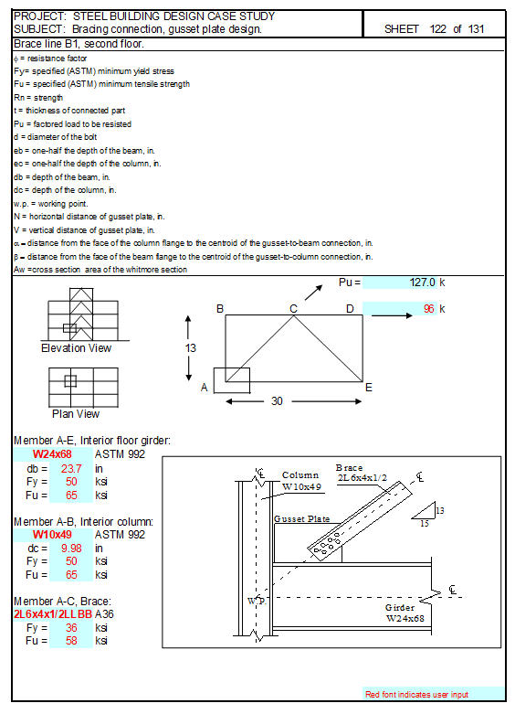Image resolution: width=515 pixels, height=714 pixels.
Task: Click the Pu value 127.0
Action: tap(422, 282)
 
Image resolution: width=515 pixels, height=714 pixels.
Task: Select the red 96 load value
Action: tap(429, 309)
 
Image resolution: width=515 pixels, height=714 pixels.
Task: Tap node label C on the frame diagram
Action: tap(293, 309)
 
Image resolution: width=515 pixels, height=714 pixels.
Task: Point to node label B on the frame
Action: tap(220, 309)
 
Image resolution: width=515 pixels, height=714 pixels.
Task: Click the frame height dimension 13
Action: tap(191, 348)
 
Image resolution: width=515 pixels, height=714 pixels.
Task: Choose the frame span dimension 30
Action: tap(277, 401)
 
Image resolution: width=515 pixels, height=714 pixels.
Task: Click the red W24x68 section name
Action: tap(52, 454)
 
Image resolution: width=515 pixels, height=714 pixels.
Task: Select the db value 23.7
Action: tap(71, 469)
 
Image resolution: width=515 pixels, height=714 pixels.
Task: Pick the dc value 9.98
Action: tap(71, 549)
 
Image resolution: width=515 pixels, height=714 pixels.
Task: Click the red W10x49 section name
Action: tap(52, 534)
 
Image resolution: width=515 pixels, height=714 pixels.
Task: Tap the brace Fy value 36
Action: tap(71, 627)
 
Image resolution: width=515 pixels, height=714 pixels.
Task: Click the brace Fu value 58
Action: tap(71, 640)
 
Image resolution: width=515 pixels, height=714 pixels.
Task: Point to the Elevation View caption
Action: tap(76, 348)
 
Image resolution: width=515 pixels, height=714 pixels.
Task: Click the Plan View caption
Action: tap(76, 414)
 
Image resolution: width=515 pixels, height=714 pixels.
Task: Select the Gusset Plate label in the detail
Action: tap(301, 519)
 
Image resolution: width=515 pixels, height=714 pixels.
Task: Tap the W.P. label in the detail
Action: tap(257, 601)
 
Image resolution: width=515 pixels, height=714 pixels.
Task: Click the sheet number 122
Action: tap(437, 29)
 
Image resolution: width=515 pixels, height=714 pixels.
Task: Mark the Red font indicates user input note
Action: tap(416, 695)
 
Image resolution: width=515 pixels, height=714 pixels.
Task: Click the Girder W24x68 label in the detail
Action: tap(405, 613)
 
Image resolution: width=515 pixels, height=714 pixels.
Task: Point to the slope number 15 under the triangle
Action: tap(425, 524)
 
